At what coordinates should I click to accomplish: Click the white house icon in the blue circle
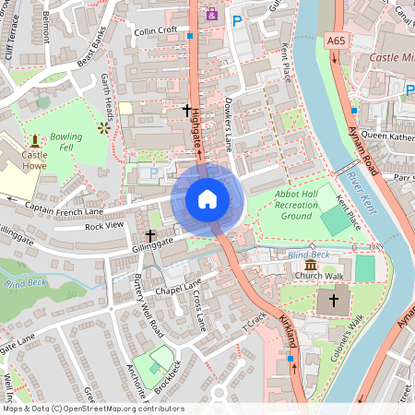coord(207,198)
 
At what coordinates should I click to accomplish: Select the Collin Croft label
coord(155,30)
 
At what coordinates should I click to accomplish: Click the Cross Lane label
coord(199,309)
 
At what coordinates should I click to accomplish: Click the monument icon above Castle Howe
coord(35,141)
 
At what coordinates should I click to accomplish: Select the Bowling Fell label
coord(66,142)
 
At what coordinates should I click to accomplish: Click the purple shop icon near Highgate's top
coord(213,14)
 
